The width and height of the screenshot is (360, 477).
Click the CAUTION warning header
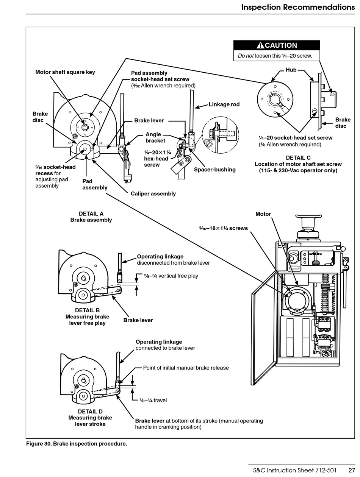[x=277, y=45]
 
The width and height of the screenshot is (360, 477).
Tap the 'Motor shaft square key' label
[x=65, y=72]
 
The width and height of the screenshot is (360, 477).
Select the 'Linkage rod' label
[x=224, y=104]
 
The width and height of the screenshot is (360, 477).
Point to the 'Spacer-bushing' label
[x=214, y=170]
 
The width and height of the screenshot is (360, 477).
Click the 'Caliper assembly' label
[x=153, y=194]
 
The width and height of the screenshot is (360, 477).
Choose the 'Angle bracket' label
[x=155, y=137]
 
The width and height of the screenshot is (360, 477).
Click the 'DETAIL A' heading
[x=91, y=214]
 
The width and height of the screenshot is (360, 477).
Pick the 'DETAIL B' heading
[x=87, y=310]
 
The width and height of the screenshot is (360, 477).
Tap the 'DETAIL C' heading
[x=298, y=158]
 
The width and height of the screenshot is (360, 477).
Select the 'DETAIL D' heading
[x=90, y=412]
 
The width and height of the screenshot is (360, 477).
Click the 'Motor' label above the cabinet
[x=263, y=214]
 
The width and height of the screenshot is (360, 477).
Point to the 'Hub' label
[x=291, y=70]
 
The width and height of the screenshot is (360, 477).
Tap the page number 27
[x=351, y=471]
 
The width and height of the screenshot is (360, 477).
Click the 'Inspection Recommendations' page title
[x=298, y=7]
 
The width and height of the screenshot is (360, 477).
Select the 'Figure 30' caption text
[x=77, y=444]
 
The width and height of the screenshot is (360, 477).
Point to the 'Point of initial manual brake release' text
[x=186, y=368]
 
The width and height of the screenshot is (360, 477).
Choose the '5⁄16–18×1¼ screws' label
[x=223, y=228]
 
